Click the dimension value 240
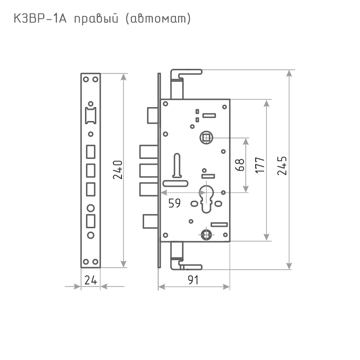118,170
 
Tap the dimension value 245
282,166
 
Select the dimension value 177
260,165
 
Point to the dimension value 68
240,165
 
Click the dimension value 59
175,203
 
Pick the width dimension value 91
193,280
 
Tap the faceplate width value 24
91,280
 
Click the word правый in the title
96,19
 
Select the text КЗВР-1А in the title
40,18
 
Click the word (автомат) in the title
158,19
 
